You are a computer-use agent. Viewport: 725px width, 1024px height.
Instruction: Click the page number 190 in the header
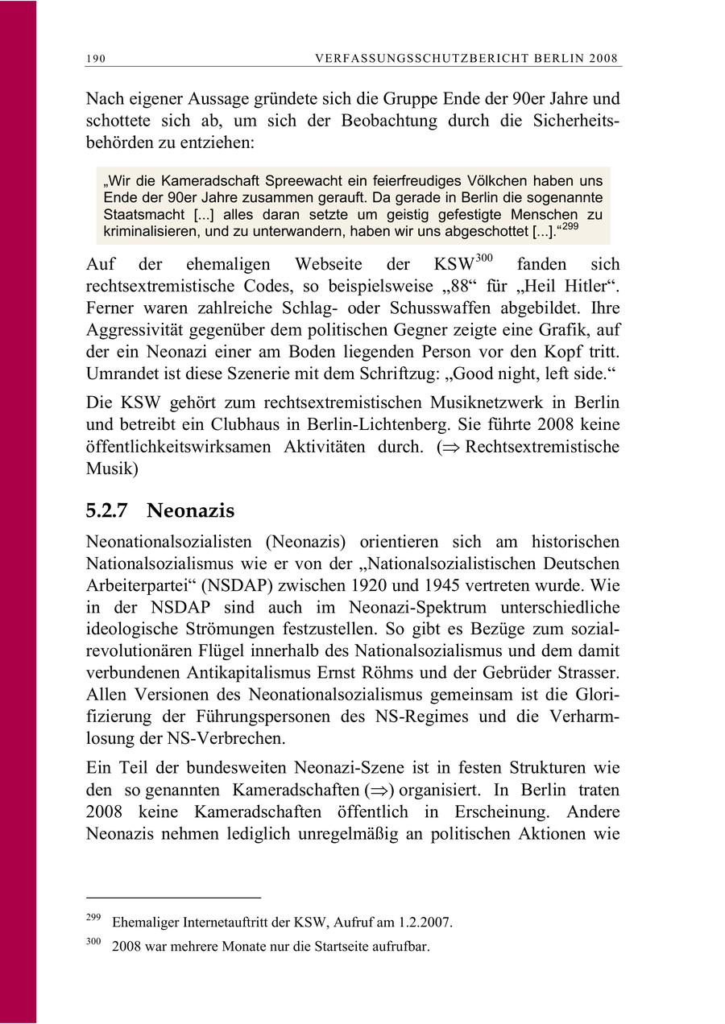[96, 59]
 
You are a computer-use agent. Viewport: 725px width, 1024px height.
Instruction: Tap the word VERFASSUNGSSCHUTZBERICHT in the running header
[428, 59]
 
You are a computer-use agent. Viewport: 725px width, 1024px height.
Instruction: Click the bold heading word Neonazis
[191, 510]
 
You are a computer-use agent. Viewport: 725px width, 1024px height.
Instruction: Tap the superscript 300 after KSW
[485, 258]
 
